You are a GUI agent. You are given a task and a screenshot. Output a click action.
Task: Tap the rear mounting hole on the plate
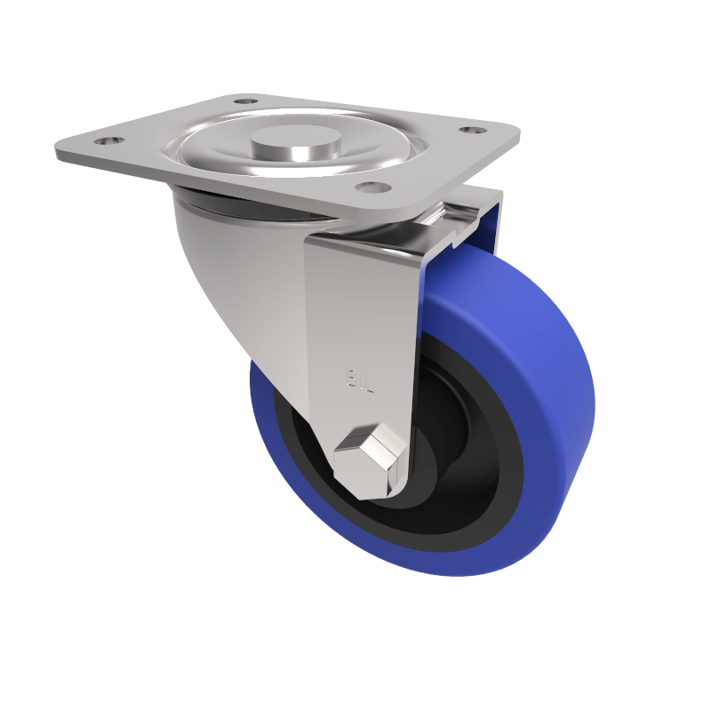point(245,101)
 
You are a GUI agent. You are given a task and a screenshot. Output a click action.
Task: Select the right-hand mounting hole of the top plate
point(471,130)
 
